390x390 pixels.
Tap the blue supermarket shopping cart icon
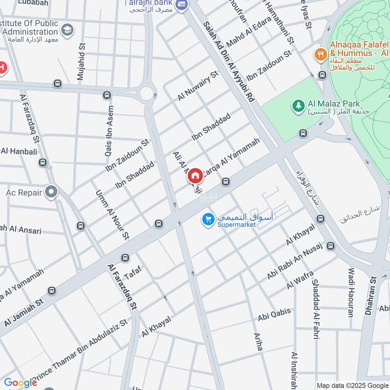coord(208,220)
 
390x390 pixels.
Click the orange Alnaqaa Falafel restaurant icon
coord(321,54)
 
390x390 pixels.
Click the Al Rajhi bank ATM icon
coord(182,4)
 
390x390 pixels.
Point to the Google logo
coord(20,383)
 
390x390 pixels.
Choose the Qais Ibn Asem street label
coord(108,131)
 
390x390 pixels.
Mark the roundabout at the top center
coord(146,92)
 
